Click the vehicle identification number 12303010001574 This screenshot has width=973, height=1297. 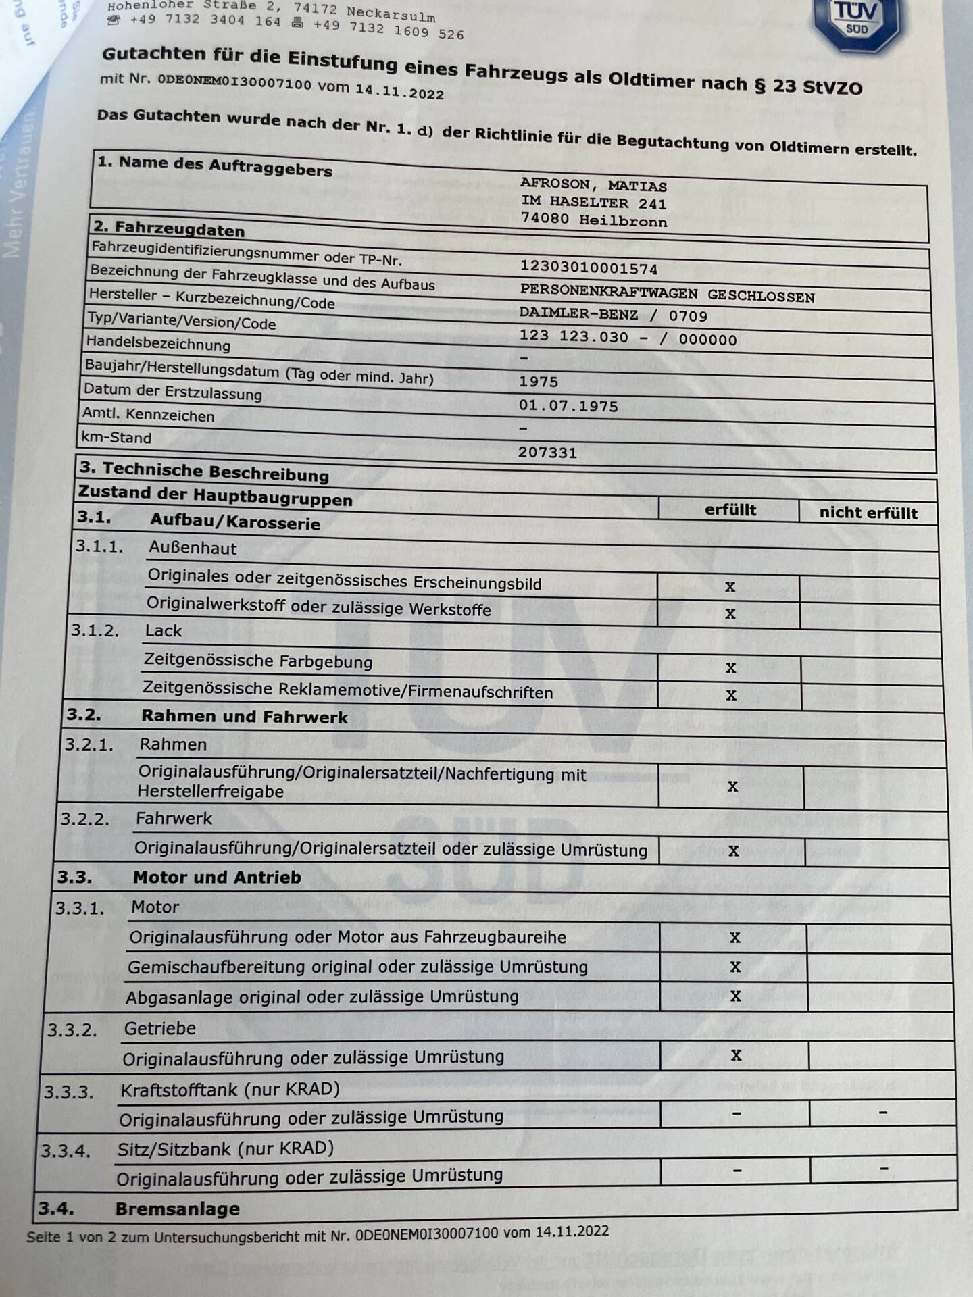tap(588, 268)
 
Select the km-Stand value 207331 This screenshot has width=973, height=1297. tap(547, 452)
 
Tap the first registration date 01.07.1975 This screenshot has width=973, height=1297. tap(568, 406)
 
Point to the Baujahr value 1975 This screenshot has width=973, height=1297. tap(539, 381)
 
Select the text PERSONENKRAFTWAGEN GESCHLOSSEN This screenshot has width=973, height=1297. tap(667, 295)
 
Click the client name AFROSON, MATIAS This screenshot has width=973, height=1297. tap(593, 184)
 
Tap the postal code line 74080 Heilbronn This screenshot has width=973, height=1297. tap(593, 220)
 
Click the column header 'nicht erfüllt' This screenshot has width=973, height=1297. tap(868, 513)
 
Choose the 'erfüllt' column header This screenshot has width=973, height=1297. tap(730, 509)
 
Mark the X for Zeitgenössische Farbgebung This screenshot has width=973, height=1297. tap(730, 667)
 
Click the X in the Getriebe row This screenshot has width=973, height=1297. tap(736, 1054)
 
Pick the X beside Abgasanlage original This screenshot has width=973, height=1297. tap(735, 996)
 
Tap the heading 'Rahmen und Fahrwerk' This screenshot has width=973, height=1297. tap(244, 717)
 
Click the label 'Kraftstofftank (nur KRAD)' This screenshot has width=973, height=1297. tap(230, 1090)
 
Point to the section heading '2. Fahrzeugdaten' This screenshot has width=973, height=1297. tap(169, 228)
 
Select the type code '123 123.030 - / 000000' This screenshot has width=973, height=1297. tap(627, 338)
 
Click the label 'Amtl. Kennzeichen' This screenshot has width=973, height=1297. tap(148, 415)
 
